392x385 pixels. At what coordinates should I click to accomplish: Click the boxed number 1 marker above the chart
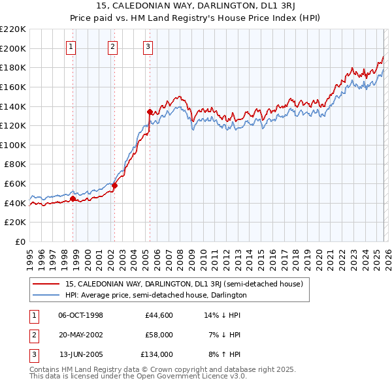(71, 46)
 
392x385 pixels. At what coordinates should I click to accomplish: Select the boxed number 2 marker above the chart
(112, 46)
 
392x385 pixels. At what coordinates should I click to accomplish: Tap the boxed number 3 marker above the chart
(148, 46)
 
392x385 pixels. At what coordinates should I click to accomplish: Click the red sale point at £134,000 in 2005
(150, 112)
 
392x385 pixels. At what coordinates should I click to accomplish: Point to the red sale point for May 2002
(114, 185)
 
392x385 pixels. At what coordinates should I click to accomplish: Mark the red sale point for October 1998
(73, 198)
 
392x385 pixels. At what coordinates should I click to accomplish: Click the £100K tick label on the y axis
(13, 145)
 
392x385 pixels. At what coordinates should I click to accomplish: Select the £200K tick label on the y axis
(13, 48)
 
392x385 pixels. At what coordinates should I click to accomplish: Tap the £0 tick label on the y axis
(19, 241)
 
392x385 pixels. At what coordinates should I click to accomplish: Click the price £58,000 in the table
(159, 335)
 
